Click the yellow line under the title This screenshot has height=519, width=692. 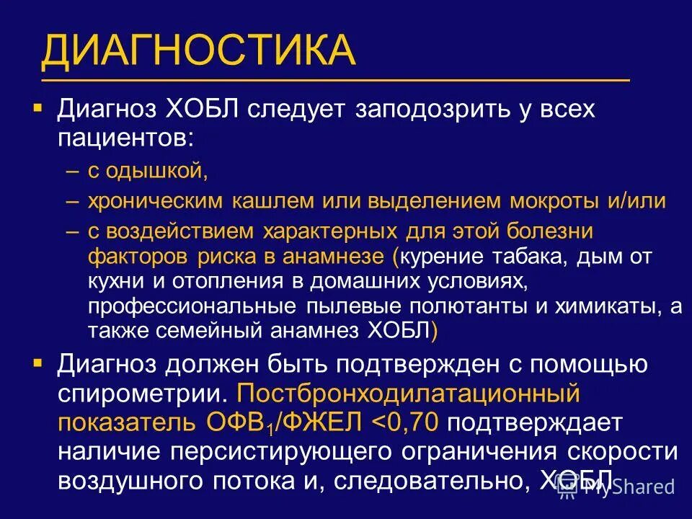click(335, 79)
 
